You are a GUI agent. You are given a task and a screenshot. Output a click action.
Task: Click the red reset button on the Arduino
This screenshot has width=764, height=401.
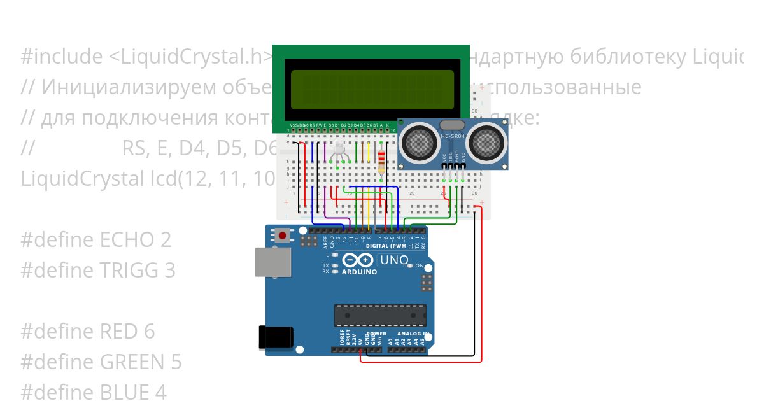282,236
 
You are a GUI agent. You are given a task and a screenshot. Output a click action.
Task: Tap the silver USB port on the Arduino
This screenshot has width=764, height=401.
268,262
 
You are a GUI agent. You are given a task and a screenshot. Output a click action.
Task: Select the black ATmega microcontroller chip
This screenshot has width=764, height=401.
381,315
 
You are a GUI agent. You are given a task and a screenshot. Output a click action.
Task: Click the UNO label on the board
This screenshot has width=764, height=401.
393,260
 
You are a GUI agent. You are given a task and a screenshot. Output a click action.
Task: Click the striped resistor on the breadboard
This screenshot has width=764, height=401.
381,160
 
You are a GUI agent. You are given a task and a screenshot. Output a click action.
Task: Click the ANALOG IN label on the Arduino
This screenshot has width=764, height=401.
411,334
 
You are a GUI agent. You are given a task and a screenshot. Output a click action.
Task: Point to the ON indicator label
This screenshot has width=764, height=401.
420,266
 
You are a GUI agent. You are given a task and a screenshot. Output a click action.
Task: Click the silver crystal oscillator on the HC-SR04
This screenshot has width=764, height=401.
453,125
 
